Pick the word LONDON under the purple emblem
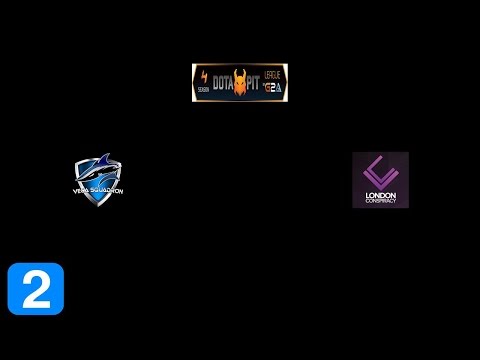click(x=380, y=192)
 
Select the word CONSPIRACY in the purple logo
click(x=380, y=199)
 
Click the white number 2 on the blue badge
click(x=35, y=289)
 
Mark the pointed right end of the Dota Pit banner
click(x=287, y=82)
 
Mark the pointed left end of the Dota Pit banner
click(x=193, y=82)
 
